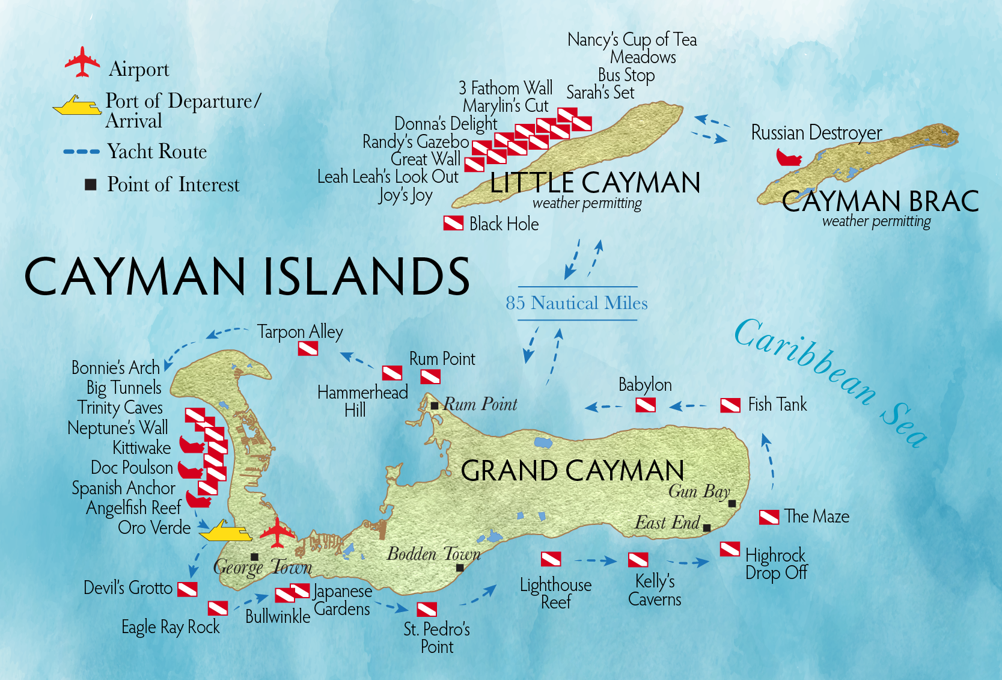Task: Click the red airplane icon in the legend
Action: [x=82, y=62]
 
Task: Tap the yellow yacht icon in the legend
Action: [x=77, y=106]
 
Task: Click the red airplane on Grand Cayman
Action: [x=277, y=533]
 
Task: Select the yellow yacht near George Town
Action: [x=225, y=531]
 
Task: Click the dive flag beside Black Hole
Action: [x=453, y=223]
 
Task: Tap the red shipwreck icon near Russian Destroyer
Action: [x=789, y=158]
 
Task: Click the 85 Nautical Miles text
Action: [x=576, y=303]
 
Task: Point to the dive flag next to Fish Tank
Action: [x=730, y=405]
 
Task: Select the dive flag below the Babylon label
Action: [x=646, y=405]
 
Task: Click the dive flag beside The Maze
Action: [x=769, y=517]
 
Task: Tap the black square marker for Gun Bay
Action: [x=732, y=504]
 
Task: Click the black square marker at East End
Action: [x=707, y=528]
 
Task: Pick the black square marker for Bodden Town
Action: [x=460, y=568]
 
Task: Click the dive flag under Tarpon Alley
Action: [x=308, y=348]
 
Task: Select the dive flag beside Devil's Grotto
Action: [x=188, y=589]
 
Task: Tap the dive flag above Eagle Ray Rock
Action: [x=218, y=608]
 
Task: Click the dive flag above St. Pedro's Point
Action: [x=427, y=609]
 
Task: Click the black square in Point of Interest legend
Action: [x=91, y=185]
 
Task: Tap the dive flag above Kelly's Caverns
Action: [x=638, y=560]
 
